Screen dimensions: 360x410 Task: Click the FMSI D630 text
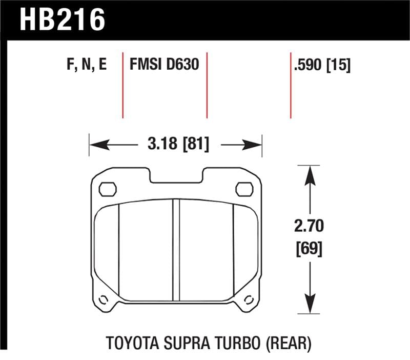click(164, 66)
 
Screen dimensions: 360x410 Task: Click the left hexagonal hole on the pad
click(107, 189)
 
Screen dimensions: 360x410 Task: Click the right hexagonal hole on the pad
click(244, 189)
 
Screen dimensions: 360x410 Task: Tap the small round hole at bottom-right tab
click(250, 299)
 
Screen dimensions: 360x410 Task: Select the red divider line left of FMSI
click(123, 85)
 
